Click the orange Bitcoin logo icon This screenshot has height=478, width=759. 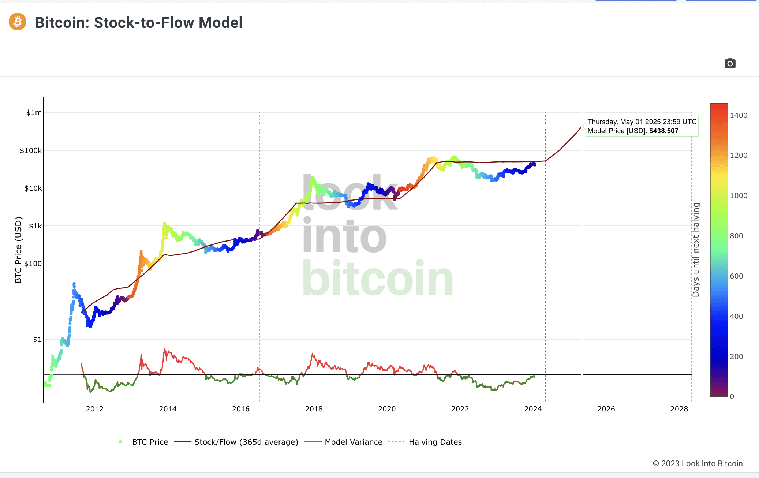tap(18, 22)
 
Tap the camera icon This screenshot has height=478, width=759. tap(730, 63)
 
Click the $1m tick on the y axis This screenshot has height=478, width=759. tap(34, 113)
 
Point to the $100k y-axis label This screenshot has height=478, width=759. tap(31, 150)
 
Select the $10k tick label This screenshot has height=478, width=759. tap(33, 188)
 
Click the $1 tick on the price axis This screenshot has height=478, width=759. tap(37, 340)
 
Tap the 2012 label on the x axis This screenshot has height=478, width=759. tap(95, 409)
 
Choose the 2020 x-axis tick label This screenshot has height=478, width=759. tap(387, 409)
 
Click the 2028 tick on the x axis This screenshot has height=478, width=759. tap(679, 409)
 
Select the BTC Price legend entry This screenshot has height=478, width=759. tap(150, 442)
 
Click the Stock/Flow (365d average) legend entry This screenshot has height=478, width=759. tap(246, 442)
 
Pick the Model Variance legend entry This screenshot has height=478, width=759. tap(353, 442)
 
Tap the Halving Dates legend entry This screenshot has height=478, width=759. tap(435, 442)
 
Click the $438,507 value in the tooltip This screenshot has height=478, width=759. tap(663, 131)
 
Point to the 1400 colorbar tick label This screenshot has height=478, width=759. tap(739, 116)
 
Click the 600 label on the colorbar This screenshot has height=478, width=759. tap(736, 276)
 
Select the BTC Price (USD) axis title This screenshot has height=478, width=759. tap(19, 250)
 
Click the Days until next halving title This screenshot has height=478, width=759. tap(696, 250)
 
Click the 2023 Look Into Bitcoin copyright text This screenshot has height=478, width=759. tap(699, 464)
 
